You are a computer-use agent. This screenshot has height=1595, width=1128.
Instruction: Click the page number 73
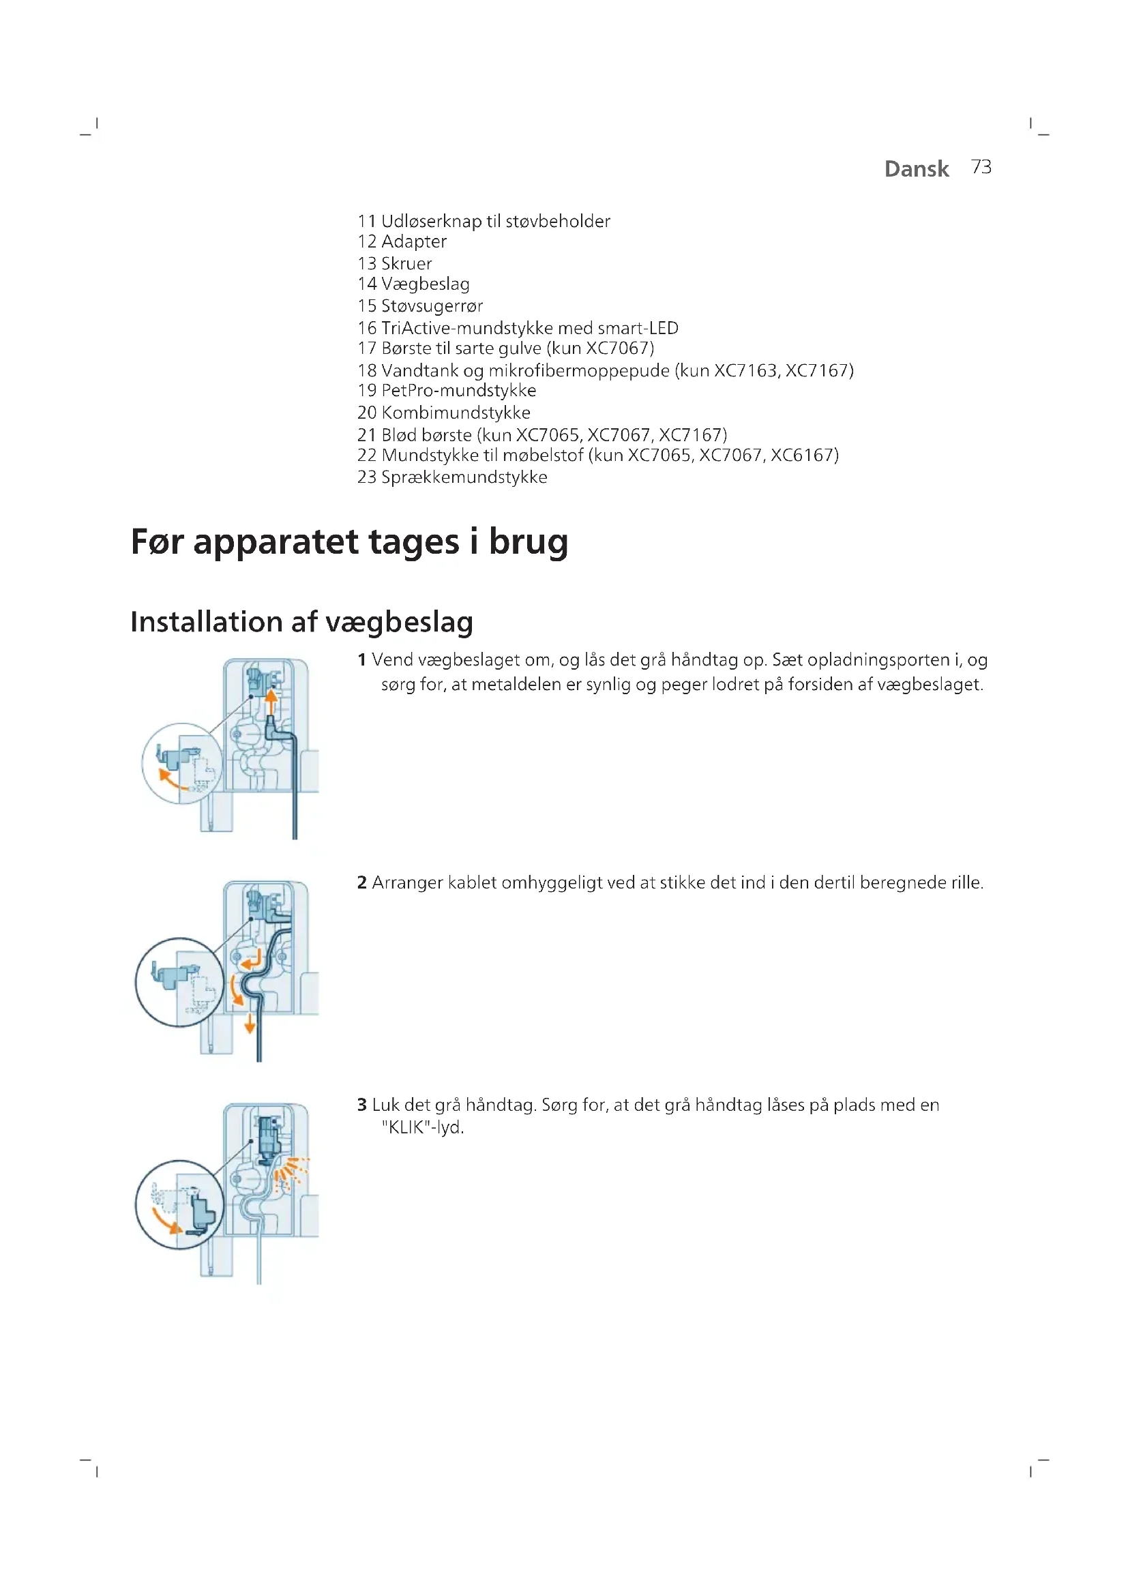pyautogui.click(x=981, y=168)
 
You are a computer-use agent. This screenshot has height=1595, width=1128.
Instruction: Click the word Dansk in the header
pyautogui.click(x=916, y=169)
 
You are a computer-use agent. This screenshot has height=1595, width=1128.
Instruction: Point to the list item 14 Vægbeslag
pyautogui.click(x=413, y=284)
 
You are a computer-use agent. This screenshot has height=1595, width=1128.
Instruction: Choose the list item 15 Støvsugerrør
pyautogui.click(x=419, y=306)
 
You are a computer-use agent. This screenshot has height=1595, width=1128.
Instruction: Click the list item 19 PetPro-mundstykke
pyautogui.click(x=447, y=391)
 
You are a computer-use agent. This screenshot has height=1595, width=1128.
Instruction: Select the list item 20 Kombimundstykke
pyautogui.click(x=444, y=413)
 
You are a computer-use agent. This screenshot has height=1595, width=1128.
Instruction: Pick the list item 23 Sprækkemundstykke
pyautogui.click(x=452, y=477)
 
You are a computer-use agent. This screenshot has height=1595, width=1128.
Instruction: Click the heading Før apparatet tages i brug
pyautogui.click(x=349, y=542)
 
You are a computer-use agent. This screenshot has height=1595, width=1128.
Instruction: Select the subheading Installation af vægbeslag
pyautogui.click(x=301, y=622)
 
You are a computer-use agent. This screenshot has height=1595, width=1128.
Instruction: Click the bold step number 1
pyautogui.click(x=361, y=660)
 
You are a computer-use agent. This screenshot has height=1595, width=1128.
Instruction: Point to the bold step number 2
pyautogui.click(x=361, y=883)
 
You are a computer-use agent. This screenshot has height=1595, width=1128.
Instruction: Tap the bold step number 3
pyautogui.click(x=361, y=1105)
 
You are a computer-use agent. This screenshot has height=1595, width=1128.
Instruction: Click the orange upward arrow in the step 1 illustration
pyautogui.click(x=271, y=702)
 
